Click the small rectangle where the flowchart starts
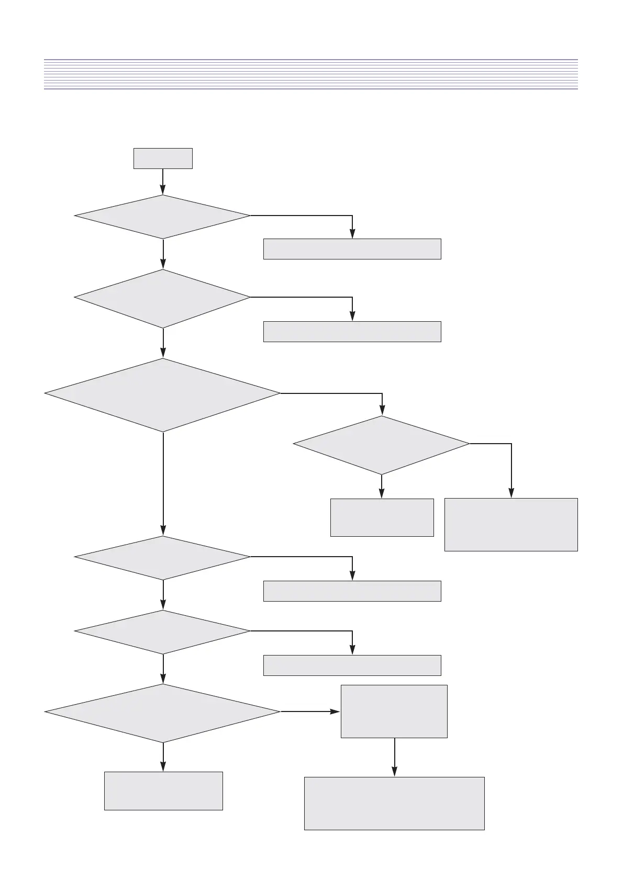tap(163, 159)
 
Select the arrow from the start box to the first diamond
tap(163, 182)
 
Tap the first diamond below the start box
tap(163, 217)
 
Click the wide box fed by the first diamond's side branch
tap(352, 249)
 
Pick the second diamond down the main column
tap(163, 298)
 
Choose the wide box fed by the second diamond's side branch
tap(352, 332)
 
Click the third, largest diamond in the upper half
tap(163, 395)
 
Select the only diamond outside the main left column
tap(382, 445)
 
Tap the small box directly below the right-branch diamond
tap(382, 517)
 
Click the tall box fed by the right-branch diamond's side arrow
tap(511, 525)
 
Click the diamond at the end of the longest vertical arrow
tap(163, 558)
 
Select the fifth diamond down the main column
tap(163, 632)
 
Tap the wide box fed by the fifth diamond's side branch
tap(352, 665)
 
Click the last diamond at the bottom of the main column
tap(163, 713)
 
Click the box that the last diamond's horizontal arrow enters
tap(394, 711)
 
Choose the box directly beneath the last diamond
tap(163, 791)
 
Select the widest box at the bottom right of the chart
tap(394, 804)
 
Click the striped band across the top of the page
tap(311, 74)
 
